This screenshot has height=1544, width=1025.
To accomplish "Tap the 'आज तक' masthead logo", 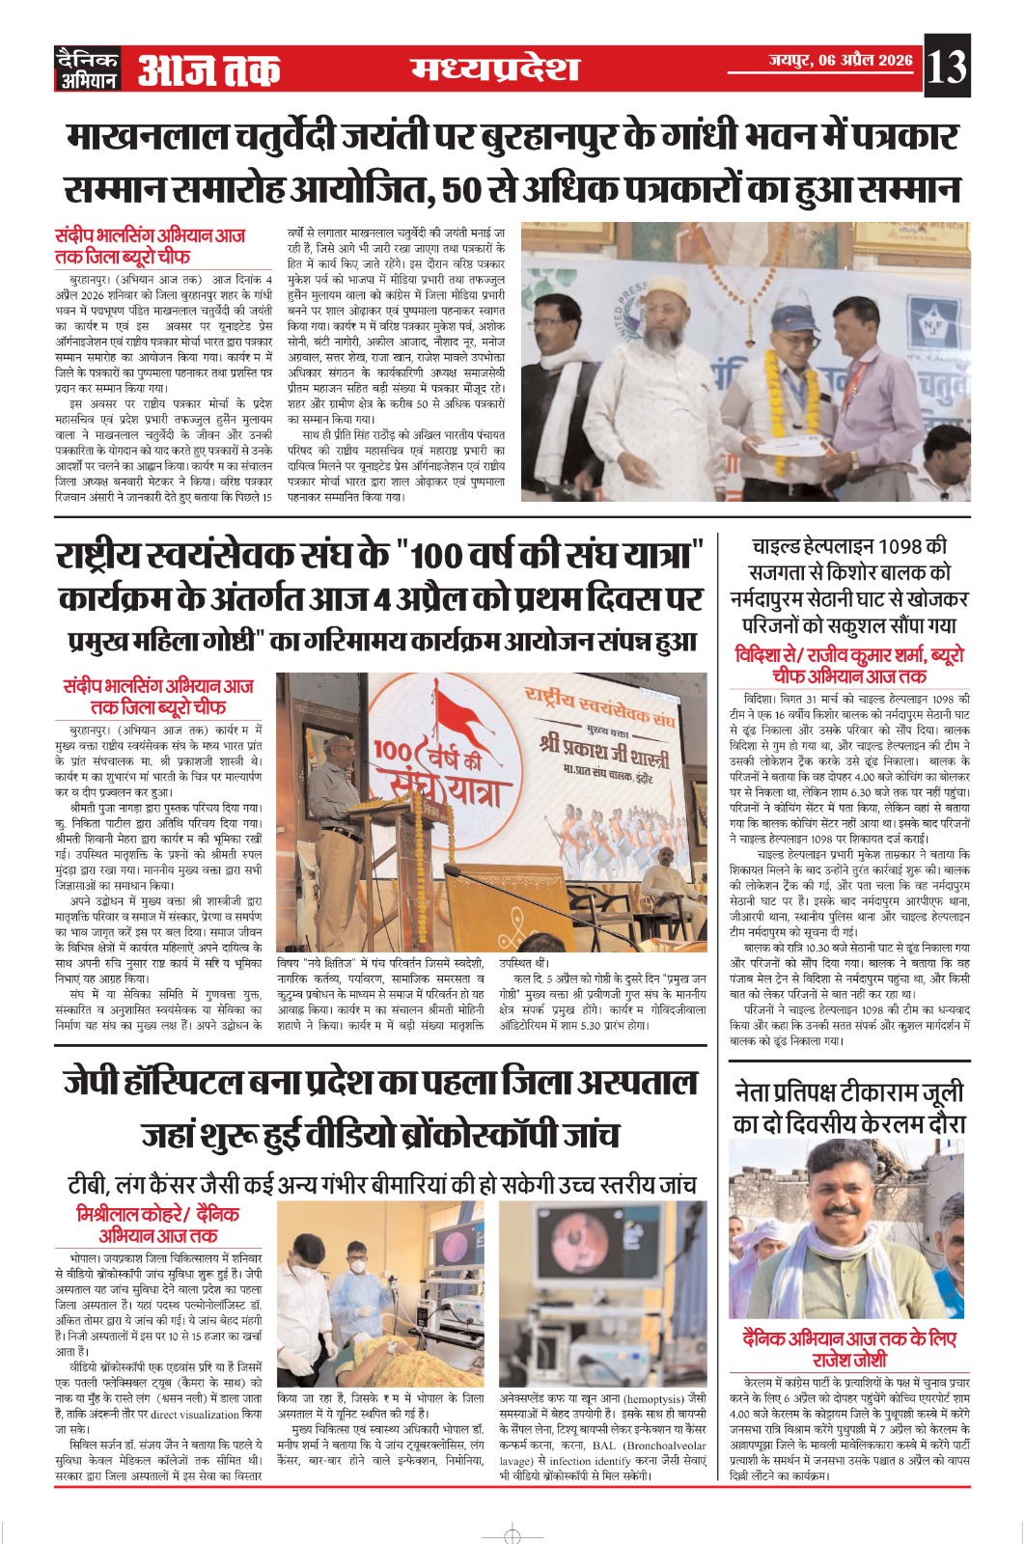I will pos(208,70).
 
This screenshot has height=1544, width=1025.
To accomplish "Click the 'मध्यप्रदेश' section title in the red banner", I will pos(495,69).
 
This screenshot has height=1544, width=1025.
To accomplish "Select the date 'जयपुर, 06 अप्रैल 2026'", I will pos(840,60).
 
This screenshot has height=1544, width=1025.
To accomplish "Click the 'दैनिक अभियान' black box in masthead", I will pos(87,69).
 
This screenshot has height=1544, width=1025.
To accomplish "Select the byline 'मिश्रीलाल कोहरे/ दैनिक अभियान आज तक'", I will pos(157,1225).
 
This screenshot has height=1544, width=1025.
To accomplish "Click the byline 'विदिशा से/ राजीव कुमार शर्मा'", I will pos(849,655).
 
